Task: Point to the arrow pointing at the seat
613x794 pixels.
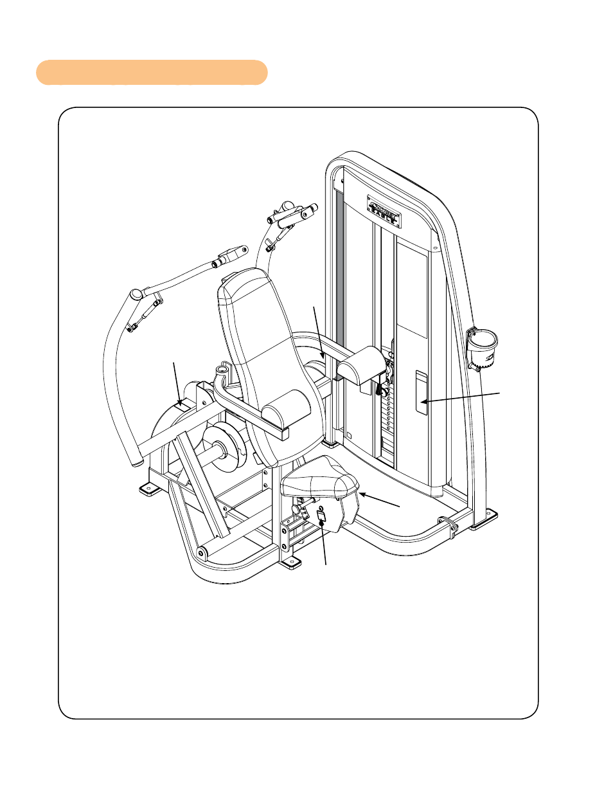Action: [380, 500]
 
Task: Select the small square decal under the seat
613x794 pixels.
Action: [322, 516]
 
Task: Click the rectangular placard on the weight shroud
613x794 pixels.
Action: [421, 392]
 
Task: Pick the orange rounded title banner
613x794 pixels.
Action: [152, 73]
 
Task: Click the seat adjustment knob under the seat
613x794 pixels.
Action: [298, 509]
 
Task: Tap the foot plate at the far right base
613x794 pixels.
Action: [483, 519]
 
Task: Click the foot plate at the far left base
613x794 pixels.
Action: [150, 490]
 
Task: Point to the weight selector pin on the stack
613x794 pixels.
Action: [382, 389]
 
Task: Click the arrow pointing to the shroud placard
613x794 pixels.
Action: [461, 397]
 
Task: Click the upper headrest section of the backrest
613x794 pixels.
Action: [247, 296]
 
